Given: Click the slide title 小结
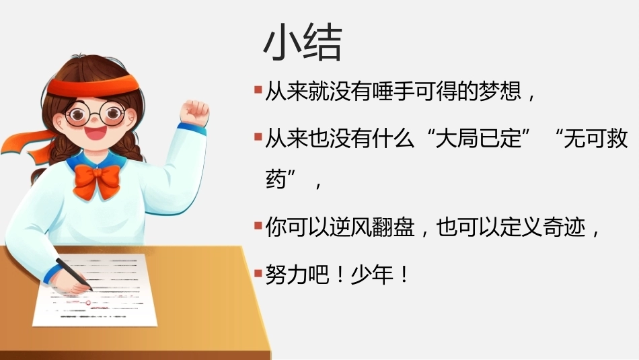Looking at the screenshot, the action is click(303, 43).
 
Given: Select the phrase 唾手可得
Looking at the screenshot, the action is click(414, 91).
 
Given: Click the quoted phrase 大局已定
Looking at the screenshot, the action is click(479, 138).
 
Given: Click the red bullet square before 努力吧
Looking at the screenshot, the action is click(258, 273).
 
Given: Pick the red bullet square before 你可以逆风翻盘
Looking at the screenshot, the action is click(258, 225).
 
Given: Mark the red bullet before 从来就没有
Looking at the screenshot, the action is click(258, 89).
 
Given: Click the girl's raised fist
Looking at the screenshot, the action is click(195, 112).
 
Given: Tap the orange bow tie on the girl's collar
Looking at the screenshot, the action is click(97, 180).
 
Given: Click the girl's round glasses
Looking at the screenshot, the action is click(96, 113).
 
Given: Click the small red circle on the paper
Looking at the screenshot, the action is click(88, 303).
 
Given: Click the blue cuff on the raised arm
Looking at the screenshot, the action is click(192, 128).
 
